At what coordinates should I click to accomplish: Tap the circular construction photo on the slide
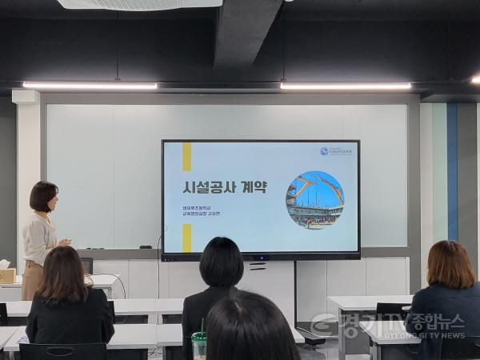click(314, 200)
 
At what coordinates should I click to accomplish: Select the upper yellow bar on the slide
click(187, 156)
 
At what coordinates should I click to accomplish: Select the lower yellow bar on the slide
click(187, 238)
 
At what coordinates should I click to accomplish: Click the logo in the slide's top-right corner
click(336, 151)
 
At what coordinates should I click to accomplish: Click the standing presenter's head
click(43, 197)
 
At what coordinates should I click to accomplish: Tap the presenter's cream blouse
click(38, 238)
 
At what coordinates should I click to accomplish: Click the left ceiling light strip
click(90, 85)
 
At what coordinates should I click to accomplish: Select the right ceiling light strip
click(345, 86)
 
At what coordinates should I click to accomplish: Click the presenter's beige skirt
click(32, 282)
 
